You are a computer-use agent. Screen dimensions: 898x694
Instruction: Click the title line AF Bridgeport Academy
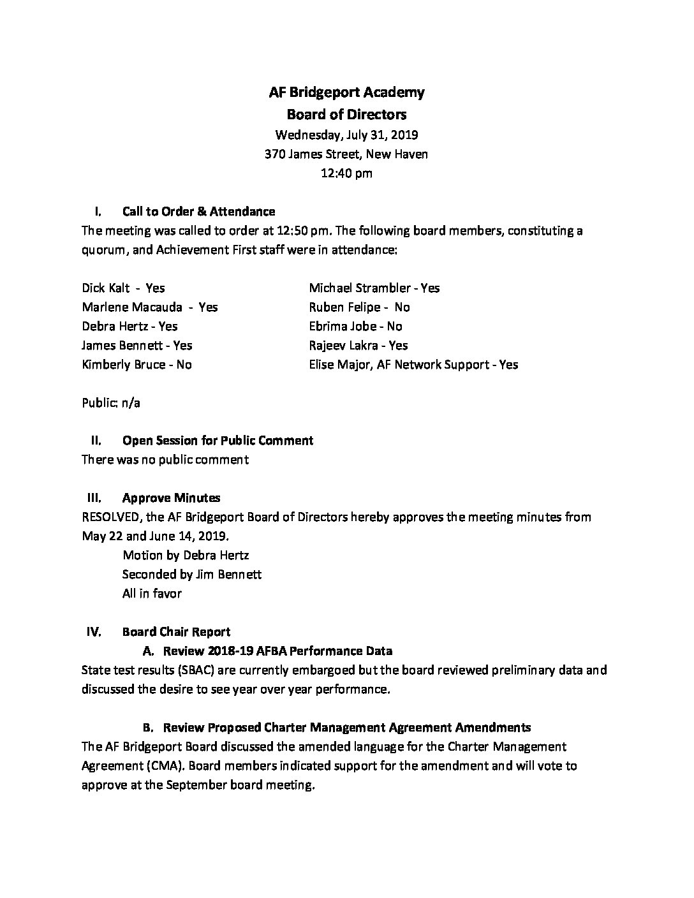346,92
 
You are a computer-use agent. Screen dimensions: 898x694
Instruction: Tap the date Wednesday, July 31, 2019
346,135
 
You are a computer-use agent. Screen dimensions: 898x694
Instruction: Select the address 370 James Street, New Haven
346,154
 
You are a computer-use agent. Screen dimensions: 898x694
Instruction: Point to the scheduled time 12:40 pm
346,173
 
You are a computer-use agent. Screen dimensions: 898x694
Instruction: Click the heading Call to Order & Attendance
198,211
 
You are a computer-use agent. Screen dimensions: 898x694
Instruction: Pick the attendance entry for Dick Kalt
123,288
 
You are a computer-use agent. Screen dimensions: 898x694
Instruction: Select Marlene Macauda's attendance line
150,307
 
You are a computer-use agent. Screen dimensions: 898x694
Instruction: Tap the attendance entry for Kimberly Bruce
137,364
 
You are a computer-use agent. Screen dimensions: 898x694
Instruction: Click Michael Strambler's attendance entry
374,288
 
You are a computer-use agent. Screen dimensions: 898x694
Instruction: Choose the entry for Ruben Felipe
359,307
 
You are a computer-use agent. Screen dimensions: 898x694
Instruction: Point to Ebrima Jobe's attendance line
355,326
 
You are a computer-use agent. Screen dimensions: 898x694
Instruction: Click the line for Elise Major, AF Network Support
413,364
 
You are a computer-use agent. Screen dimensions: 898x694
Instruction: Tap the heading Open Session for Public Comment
218,440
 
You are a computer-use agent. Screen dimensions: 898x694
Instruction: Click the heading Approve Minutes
171,497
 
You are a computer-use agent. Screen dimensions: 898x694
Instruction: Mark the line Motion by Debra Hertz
186,555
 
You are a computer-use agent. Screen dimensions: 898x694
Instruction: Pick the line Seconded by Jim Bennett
192,574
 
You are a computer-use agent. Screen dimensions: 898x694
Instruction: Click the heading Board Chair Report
176,631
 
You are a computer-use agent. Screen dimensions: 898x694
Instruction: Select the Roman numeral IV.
93,631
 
